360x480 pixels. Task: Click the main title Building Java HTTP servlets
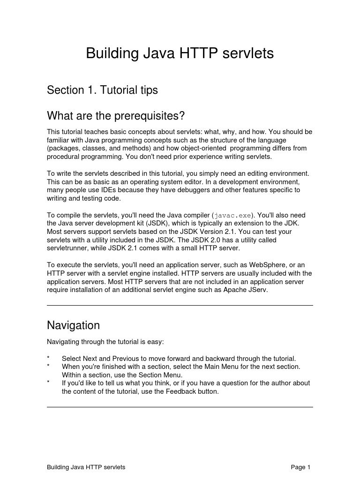180,53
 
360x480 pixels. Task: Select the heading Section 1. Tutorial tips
102,90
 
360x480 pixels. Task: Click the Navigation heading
73,325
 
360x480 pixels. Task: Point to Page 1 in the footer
300,467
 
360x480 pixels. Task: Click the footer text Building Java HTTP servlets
86,467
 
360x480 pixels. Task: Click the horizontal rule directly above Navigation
180,306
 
